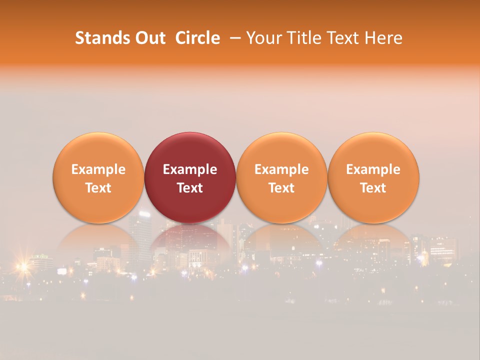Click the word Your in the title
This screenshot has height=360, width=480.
coord(262,38)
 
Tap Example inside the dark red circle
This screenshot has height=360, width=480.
coord(190,169)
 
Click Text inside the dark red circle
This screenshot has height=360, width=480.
coord(190,188)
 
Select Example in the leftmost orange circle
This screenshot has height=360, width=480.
coord(98,169)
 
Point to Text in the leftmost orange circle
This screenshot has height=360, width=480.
coord(98,188)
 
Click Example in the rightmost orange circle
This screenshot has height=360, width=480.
coord(373,169)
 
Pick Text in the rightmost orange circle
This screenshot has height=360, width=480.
coord(373,188)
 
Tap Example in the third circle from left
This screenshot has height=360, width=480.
coord(281,169)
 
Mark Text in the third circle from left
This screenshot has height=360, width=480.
coord(281,188)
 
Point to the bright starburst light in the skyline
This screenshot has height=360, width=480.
coord(22,267)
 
